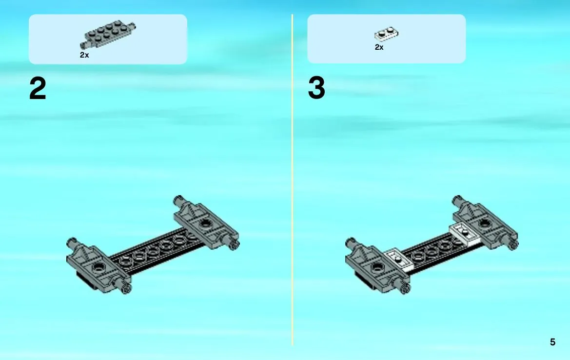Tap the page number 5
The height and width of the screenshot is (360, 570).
tap(552, 342)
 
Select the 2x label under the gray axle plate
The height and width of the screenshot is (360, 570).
tap(84, 55)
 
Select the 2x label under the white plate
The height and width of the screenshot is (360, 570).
tap(379, 47)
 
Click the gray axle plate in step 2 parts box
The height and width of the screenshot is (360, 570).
tap(108, 34)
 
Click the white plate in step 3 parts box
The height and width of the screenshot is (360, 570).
tap(387, 33)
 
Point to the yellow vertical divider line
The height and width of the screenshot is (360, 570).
tap(292, 180)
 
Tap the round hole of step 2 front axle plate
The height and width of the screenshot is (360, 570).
tap(98, 268)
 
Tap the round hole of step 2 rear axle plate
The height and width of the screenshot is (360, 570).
tap(205, 222)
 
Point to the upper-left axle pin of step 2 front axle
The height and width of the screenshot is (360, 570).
tap(72, 242)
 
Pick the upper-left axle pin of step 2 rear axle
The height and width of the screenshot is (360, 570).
tap(179, 200)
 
